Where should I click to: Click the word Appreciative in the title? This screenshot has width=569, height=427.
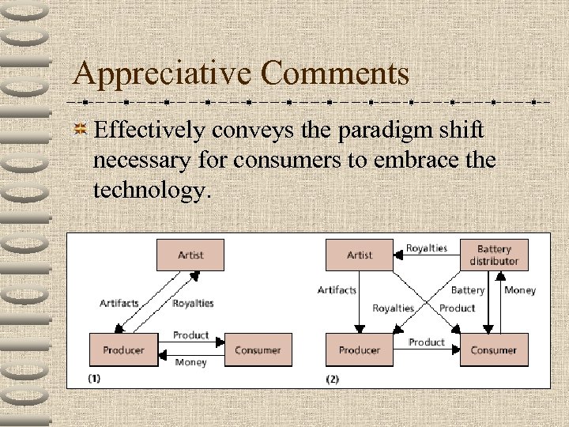tap(162, 74)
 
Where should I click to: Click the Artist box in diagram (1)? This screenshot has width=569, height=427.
tap(190, 255)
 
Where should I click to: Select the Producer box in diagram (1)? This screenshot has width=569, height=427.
tap(125, 350)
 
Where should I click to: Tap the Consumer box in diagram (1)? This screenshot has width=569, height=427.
tap(258, 350)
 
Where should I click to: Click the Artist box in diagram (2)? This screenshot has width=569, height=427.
tap(360, 255)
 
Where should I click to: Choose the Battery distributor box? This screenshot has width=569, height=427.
tap(494, 255)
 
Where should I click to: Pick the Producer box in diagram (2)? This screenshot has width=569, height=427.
tap(360, 350)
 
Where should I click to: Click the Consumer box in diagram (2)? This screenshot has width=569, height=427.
tap(493, 350)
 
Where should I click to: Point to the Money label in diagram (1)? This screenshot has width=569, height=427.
tap(190, 363)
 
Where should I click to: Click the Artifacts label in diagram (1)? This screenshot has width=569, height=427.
tap(119, 303)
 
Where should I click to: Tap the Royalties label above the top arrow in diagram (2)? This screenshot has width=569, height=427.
tap(427, 248)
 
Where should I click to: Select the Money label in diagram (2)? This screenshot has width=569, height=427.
tap(520, 290)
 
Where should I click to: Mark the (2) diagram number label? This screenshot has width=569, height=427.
tap(333, 379)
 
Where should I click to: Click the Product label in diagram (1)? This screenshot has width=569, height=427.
tap(191, 335)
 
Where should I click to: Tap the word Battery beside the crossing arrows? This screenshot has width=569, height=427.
tap(468, 290)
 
